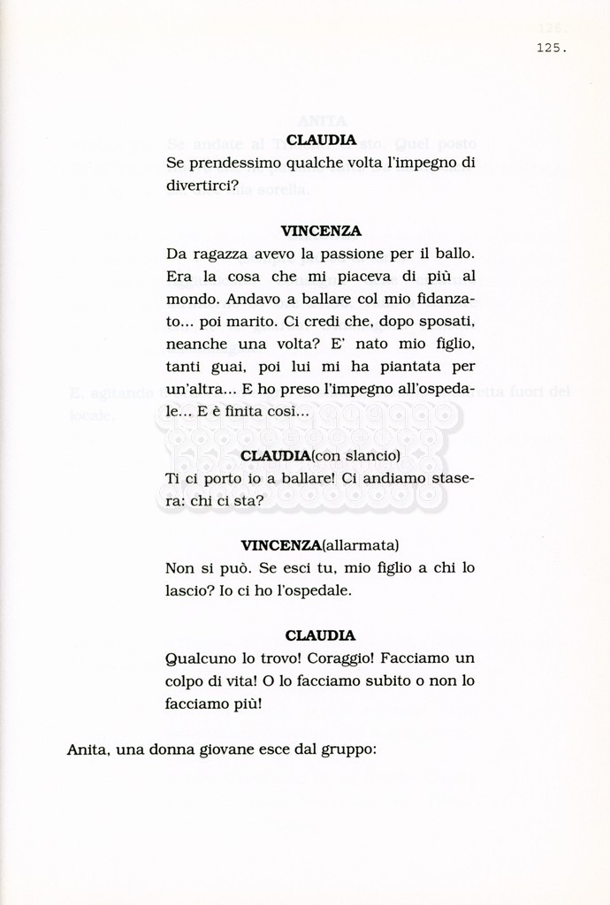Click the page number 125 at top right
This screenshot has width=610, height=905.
(x=550, y=49)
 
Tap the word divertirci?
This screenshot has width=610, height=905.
(x=202, y=186)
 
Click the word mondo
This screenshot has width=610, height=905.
(x=190, y=299)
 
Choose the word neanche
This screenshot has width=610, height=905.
(x=194, y=344)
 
